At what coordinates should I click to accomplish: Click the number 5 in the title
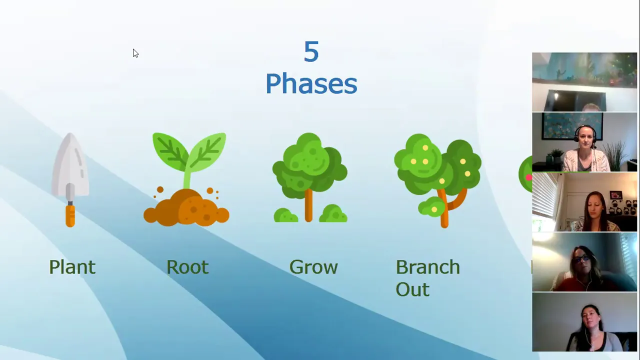click(x=311, y=51)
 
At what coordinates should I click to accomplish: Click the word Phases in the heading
click(x=311, y=83)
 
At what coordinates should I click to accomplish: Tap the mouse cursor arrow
click(x=135, y=53)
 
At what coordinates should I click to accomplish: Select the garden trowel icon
click(x=70, y=180)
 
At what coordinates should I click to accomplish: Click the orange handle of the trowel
click(x=70, y=216)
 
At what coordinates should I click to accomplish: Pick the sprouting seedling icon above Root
click(x=186, y=179)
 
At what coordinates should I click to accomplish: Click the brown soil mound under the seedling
click(x=186, y=208)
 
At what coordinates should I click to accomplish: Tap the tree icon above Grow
click(x=310, y=177)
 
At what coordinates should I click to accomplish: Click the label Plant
click(x=72, y=267)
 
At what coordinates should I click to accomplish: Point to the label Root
click(x=187, y=267)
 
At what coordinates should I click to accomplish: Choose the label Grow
click(x=313, y=267)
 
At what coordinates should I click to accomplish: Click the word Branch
click(x=427, y=267)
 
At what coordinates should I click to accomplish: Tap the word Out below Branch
click(x=412, y=289)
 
